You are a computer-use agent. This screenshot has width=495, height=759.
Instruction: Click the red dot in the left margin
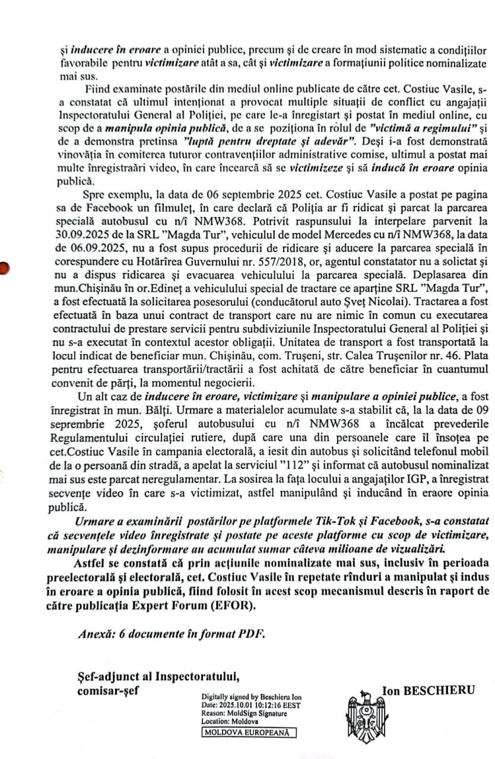click(3, 268)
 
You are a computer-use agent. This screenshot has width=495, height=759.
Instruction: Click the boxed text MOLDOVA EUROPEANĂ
click(248, 732)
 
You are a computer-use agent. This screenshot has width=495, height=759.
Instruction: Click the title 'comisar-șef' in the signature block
click(107, 690)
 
